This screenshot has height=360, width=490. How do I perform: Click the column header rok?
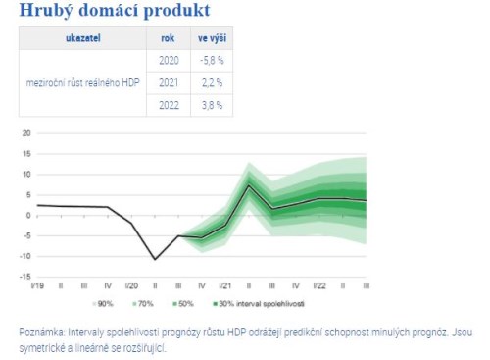[x=168, y=39]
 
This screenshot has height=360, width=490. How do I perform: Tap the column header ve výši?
[x=210, y=39]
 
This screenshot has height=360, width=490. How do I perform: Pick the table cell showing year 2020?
[x=168, y=61]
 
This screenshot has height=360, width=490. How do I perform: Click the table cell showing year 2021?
[x=168, y=82]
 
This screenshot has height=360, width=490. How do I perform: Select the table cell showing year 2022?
[x=168, y=104]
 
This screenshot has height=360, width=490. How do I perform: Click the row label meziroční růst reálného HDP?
[x=82, y=82]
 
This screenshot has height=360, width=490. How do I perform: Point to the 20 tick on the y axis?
[x=26, y=132]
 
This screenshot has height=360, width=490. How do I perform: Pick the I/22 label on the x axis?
[x=321, y=285]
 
